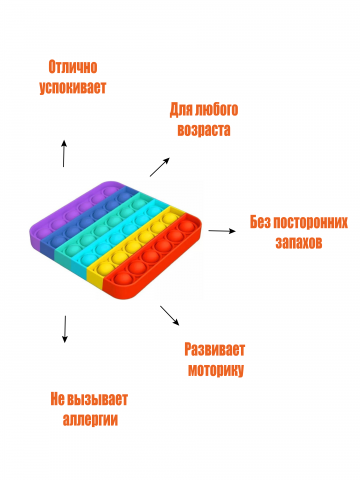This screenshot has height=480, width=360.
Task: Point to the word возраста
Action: [x=202, y=130]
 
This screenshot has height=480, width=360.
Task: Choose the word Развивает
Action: [x=215, y=350]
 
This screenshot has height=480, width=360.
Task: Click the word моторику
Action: [x=215, y=370]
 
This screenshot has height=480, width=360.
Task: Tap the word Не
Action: [x=58, y=398]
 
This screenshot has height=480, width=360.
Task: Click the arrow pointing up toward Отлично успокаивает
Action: [x=65, y=153]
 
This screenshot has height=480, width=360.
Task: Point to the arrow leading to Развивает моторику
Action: [x=169, y=315]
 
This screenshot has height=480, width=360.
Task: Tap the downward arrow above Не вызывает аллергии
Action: [x=65, y=329]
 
